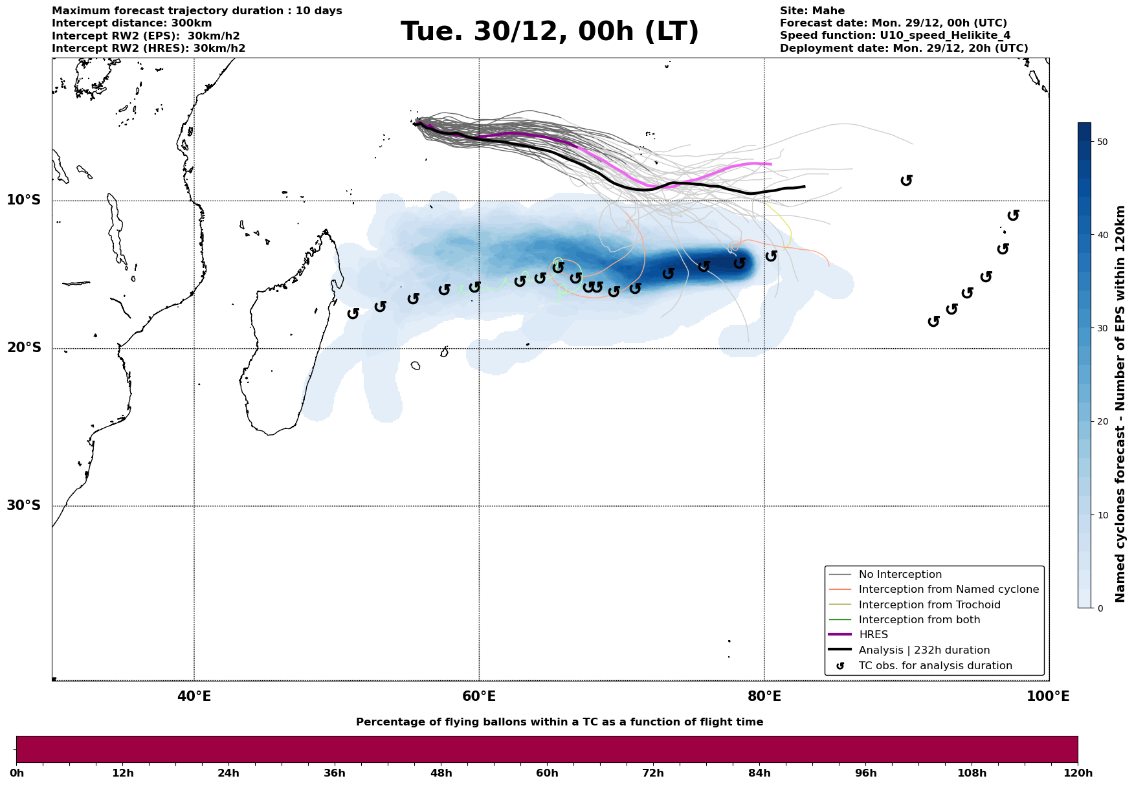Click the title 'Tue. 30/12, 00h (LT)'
click(550, 32)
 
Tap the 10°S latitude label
click(24, 200)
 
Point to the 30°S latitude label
click(24, 505)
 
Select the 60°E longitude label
click(479, 696)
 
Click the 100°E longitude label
click(1048, 696)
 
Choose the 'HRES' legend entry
click(873, 635)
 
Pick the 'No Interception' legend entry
click(900, 575)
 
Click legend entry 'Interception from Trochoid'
click(929, 605)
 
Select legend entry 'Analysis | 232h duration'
click(924, 650)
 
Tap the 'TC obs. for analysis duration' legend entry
click(935, 666)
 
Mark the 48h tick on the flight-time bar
click(441, 773)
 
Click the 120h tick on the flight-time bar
click(1077, 773)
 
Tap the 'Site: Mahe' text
click(812, 11)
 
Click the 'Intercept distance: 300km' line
click(131, 23)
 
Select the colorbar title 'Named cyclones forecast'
click(1120, 404)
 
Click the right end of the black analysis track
click(805, 186)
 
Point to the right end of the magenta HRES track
click(771, 164)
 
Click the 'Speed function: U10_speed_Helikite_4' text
click(895, 36)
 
